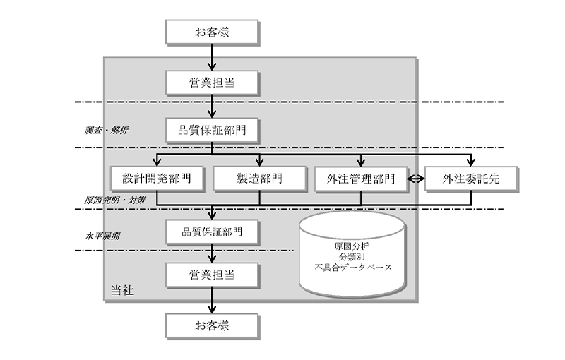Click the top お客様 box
click(212, 32)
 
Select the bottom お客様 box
click(212, 325)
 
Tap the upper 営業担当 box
click(212, 83)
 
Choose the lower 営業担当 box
click(212, 275)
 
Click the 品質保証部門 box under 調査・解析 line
click(212, 130)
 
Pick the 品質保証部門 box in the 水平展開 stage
click(212, 231)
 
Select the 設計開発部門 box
click(157, 179)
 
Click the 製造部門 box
click(259, 179)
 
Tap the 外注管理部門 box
click(361, 179)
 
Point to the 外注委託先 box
click(471, 179)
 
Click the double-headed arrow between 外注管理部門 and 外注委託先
click(416, 179)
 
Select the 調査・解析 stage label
click(106, 131)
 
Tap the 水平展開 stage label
click(102, 236)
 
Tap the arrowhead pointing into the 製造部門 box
click(259, 163)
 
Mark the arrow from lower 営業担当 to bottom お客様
click(212, 299)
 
